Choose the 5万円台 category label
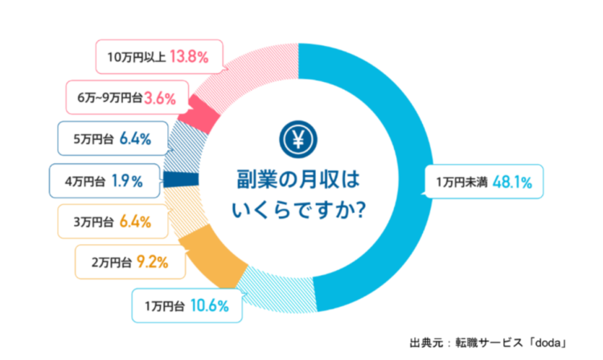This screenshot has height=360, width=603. pos(93,138)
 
